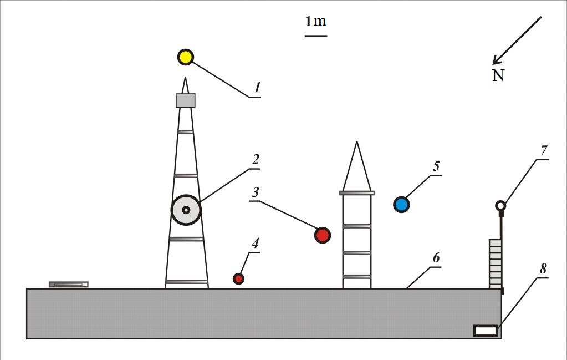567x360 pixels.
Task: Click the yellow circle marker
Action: pyautogui.click(x=185, y=57)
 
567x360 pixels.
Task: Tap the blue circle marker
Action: pyautogui.click(x=401, y=205)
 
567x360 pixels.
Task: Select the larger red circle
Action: pyautogui.click(x=322, y=235)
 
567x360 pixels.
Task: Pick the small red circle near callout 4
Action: pyautogui.click(x=238, y=278)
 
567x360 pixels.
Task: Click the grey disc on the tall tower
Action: pyautogui.click(x=186, y=210)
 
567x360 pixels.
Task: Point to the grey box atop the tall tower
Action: pyautogui.click(x=186, y=100)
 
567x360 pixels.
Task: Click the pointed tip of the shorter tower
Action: pyautogui.click(x=357, y=144)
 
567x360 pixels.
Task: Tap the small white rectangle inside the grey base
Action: pyautogui.click(x=485, y=331)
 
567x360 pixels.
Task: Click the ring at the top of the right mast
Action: pyautogui.click(x=500, y=206)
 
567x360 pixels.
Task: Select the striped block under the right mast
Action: pyautogui.click(x=495, y=263)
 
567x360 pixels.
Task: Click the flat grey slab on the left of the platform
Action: pyautogui.click(x=68, y=285)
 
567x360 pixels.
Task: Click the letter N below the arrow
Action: pyautogui.click(x=498, y=75)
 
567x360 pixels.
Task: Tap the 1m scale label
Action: pyautogui.click(x=315, y=22)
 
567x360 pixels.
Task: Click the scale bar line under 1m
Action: pyautogui.click(x=315, y=36)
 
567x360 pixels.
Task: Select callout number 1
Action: pyautogui.click(x=257, y=88)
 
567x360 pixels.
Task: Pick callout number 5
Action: pyautogui.click(x=436, y=166)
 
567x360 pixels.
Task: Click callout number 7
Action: pyautogui.click(x=544, y=150)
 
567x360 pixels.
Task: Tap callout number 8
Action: pyautogui.click(x=543, y=268)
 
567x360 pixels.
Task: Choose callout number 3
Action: pyautogui.click(x=255, y=192)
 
